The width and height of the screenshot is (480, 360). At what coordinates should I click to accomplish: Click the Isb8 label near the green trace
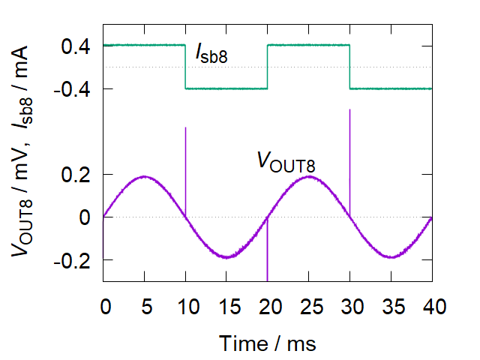(x=212, y=52)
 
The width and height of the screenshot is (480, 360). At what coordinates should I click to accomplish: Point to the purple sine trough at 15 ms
(x=226, y=257)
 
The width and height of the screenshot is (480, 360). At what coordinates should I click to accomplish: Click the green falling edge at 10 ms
(x=185, y=67)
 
